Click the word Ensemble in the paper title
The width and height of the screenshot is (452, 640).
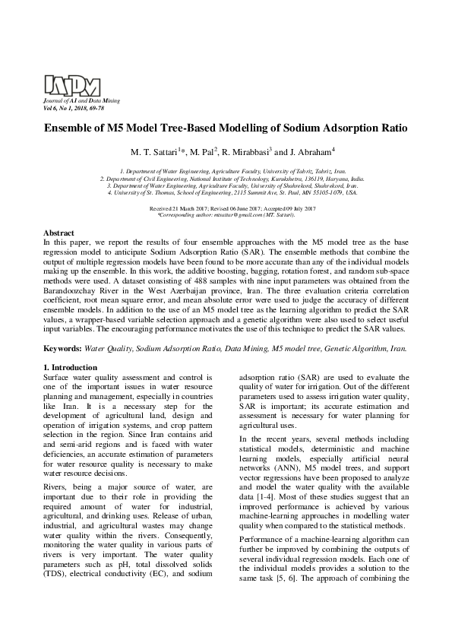coord(74,128)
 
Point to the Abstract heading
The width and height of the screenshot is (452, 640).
coord(58,232)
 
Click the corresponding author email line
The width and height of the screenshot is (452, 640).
coord(226,216)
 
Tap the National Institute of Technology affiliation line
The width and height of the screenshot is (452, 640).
coord(226,179)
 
